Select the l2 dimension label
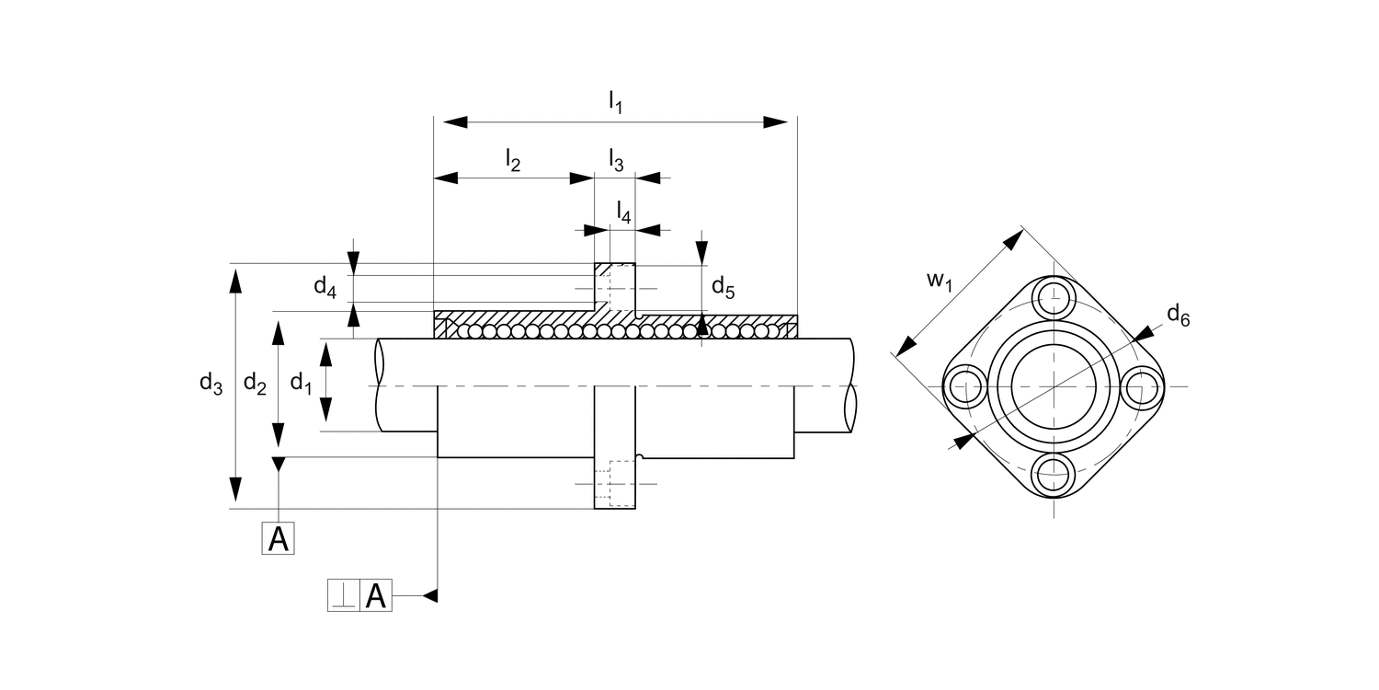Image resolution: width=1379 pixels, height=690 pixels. (x=513, y=161)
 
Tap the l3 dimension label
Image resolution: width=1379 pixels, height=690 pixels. (x=616, y=161)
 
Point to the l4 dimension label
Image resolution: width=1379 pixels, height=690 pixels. (x=623, y=213)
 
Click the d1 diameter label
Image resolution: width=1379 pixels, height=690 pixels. (x=302, y=383)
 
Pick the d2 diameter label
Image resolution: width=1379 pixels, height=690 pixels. (x=255, y=385)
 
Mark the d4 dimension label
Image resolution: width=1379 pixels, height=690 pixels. (x=325, y=286)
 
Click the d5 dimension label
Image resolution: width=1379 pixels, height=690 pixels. (x=723, y=288)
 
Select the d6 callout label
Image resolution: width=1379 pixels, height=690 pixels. (x=1178, y=316)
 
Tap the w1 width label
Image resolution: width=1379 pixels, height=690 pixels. (x=938, y=280)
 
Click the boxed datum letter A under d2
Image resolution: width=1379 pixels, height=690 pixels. (x=279, y=539)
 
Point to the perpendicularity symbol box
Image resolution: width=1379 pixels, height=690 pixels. (x=343, y=596)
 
